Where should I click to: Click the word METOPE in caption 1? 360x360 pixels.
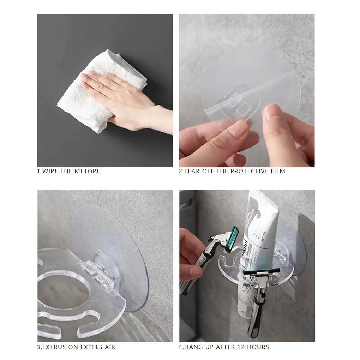(87, 172)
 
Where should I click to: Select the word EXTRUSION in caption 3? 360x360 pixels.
(59, 347)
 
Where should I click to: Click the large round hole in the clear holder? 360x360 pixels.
(64, 289)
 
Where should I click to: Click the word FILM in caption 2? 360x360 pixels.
(278, 172)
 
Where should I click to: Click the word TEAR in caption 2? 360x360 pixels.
(192, 172)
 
